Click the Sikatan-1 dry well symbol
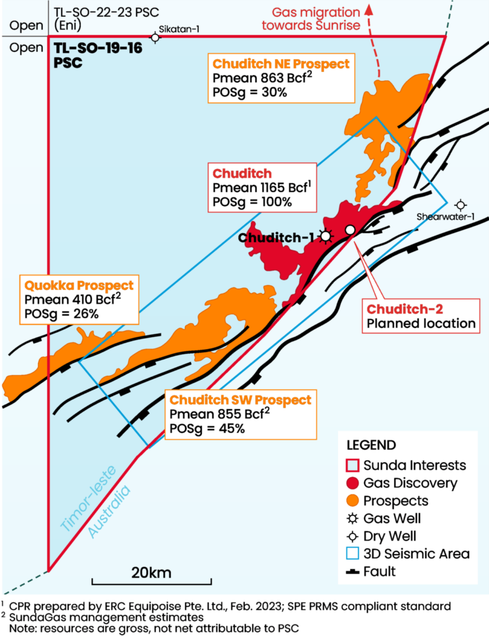pos(155,37)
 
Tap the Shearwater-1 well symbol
pos(460,204)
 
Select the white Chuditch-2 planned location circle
pos(350,230)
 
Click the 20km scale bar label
pos(151,572)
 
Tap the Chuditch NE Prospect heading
pos(281,63)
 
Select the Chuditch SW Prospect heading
pos(240,400)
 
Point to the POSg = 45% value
pos(207,429)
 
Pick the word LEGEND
pos(370,445)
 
